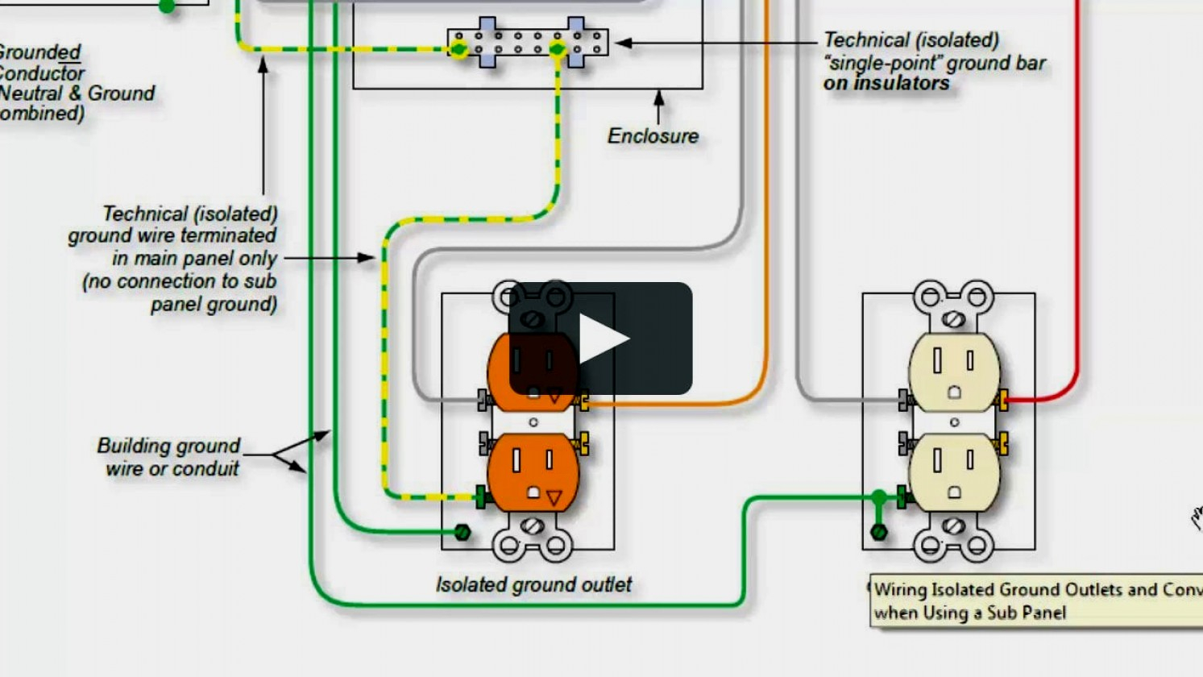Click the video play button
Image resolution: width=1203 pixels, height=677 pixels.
[600, 338]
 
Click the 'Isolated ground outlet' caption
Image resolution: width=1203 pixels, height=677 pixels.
[533, 584]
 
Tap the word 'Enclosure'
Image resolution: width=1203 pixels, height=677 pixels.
[653, 136]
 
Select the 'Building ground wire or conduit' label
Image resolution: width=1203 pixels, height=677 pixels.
[168, 457]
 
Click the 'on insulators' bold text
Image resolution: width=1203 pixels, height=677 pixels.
[886, 83]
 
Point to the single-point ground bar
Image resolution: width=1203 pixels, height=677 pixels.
[528, 43]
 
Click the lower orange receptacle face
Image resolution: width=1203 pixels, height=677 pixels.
[533, 473]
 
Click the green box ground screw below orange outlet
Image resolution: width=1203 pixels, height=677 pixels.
[463, 532]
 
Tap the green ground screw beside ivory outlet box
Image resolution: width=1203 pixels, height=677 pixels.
[879, 532]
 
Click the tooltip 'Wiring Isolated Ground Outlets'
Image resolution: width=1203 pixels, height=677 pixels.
[1035, 601]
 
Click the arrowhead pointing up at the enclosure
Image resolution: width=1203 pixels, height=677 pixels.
[659, 98]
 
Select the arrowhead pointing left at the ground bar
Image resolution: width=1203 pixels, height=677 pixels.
[623, 43]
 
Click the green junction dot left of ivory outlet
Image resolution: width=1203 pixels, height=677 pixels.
[879, 497]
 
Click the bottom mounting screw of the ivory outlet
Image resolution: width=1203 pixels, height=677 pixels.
[954, 526]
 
